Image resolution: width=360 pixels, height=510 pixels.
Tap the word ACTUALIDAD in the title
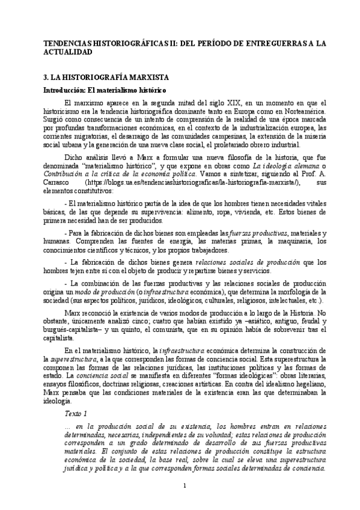pos(69,52)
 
